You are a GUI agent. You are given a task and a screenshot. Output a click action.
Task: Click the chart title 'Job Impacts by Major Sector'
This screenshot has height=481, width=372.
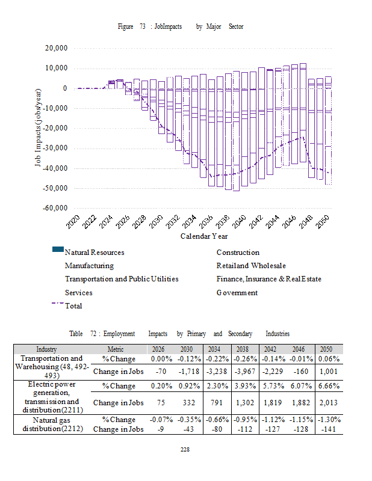coord(180,27)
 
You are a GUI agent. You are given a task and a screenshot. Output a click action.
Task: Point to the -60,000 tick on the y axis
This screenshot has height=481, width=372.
coord(54,209)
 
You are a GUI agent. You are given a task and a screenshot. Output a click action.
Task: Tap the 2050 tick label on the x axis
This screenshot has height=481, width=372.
coord(324,223)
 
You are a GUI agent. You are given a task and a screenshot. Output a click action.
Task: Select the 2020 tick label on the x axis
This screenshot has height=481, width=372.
coord(72,223)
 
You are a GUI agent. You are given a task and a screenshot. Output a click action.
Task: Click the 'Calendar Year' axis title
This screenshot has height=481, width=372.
coord(204,236)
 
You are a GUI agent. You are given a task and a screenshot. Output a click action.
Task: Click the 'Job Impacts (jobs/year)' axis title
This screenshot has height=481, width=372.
coord(39,128)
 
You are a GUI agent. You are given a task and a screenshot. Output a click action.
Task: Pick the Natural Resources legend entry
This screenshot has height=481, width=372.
coord(94,253)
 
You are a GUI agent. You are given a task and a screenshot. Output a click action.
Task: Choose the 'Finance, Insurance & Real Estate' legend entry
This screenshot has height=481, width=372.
coord(268,279)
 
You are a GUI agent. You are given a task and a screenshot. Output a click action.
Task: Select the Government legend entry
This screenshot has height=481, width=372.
coord(237,293)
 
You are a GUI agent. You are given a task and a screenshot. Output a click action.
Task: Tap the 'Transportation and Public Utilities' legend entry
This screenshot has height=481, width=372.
coord(122,279)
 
